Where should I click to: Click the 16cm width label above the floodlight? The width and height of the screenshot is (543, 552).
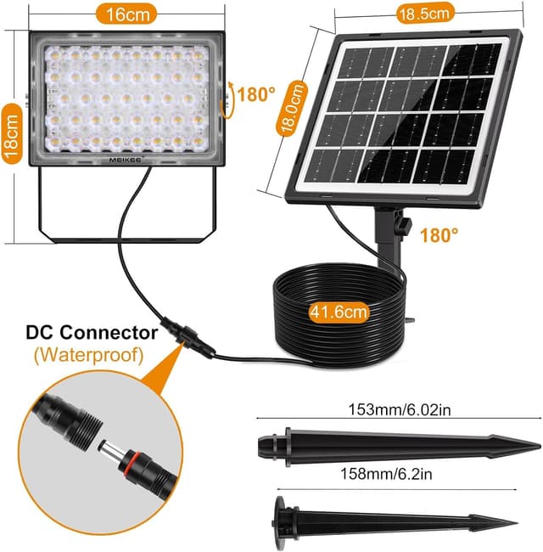(126, 14)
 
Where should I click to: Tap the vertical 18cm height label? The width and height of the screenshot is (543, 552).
(12, 134)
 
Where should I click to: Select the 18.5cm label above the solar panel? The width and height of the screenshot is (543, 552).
(424, 14)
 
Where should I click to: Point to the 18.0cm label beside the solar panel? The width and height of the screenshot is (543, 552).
(292, 109)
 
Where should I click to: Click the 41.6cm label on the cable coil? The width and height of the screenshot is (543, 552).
(339, 312)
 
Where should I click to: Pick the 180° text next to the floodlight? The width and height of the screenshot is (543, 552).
(256, 94)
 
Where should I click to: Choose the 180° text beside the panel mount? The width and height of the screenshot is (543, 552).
(439, 235)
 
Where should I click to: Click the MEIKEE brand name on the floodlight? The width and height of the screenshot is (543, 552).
(125, 160)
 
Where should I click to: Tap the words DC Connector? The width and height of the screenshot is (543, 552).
(92, 332)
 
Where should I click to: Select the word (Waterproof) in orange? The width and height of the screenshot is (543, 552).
(89, 355)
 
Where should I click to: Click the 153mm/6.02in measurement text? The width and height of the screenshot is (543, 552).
(399, 409)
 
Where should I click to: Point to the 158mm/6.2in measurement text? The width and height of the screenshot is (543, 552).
(386, 474)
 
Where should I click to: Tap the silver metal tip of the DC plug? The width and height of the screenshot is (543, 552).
(109, 449)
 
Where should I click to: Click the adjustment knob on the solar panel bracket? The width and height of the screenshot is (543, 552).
(404, 226)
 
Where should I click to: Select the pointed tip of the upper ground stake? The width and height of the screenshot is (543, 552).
(540, 446)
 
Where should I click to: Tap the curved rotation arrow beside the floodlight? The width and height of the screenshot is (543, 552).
(228, 99)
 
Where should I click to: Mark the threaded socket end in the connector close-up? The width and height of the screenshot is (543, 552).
(83, 427)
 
